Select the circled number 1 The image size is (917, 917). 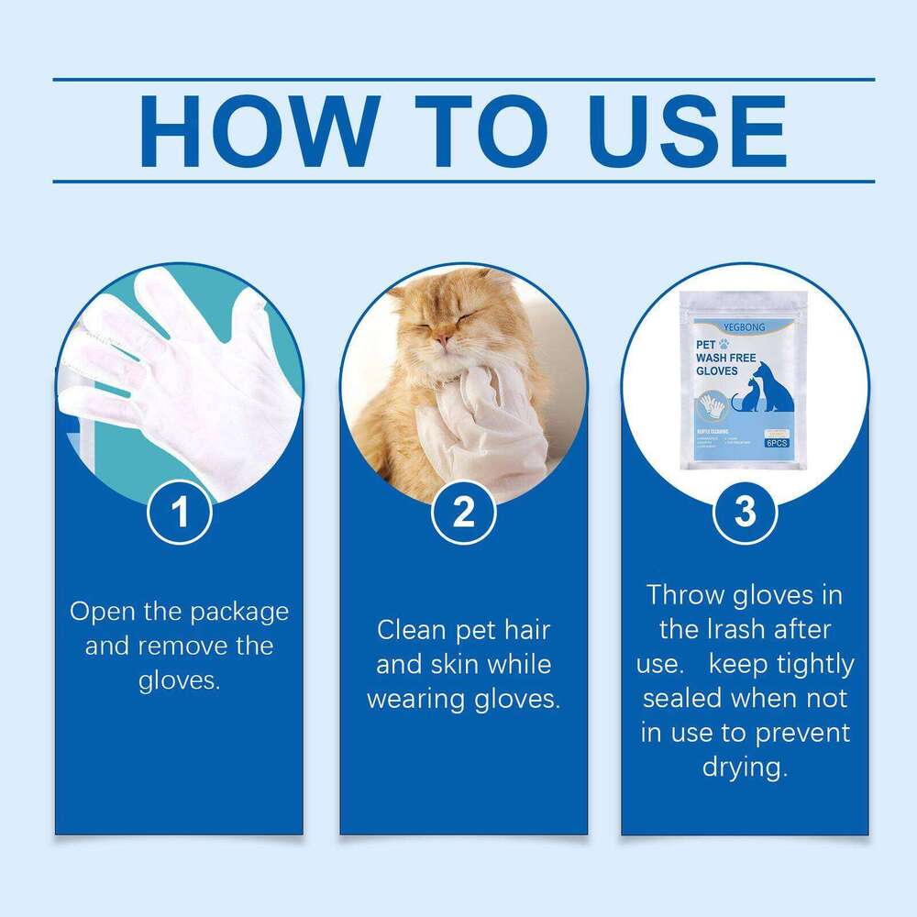pyautogui.click(x=181, y=513)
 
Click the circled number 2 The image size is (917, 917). pyautogui.click(x=463, y=513)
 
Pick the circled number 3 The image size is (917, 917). pyautogui.click(x=745, y=513)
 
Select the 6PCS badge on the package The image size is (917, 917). pyautogui.click(x=777, y=443)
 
